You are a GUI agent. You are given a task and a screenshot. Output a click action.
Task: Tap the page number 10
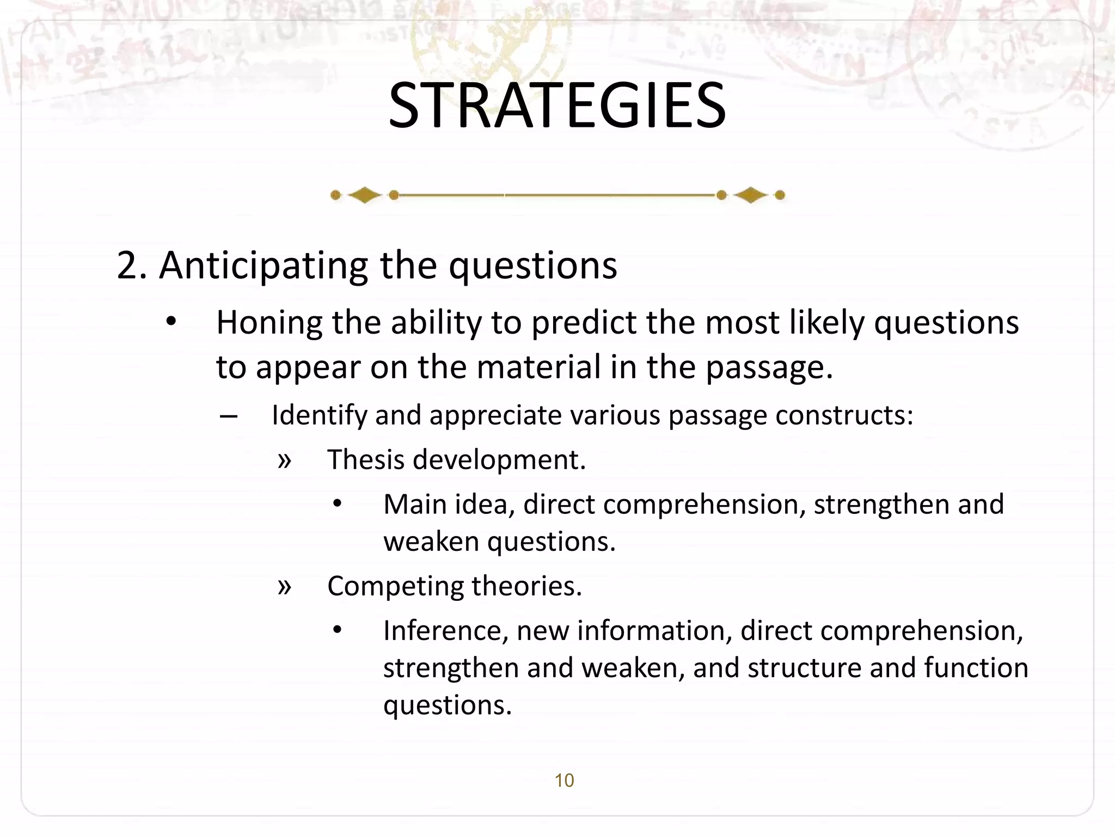(x=564, y=780)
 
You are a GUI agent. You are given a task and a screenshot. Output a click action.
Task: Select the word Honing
(x=269, y=323)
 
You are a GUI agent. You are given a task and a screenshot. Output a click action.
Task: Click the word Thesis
(x=366, y=460)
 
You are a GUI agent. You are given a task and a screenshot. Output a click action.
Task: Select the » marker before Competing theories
(x=284, y=587)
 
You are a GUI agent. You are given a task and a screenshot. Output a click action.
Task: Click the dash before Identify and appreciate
(x=229, y=417)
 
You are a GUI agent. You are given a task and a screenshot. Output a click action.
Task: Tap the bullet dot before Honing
(x=171, y=322)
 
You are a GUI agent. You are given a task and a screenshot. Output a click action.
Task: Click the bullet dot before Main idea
(x=338, y=504)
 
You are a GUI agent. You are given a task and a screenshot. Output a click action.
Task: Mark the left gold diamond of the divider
(x=364, y=195)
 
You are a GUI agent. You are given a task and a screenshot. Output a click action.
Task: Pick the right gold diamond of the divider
(x=751, y=195)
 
